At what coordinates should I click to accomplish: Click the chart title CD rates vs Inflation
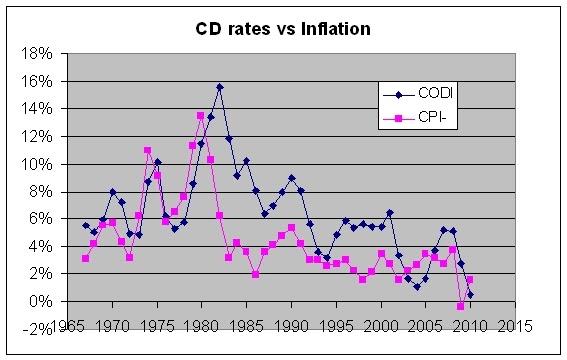tap(283, 29)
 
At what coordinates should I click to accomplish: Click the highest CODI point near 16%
tap(219, 87)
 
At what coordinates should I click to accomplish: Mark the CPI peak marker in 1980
tap(201, 116)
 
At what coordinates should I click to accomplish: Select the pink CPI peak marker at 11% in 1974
tap(148, 150)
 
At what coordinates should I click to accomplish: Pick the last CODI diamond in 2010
tap(470, 294)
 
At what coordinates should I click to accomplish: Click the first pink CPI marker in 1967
tap(86, 258)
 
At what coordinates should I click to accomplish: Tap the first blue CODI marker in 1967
tap(86, 226)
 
